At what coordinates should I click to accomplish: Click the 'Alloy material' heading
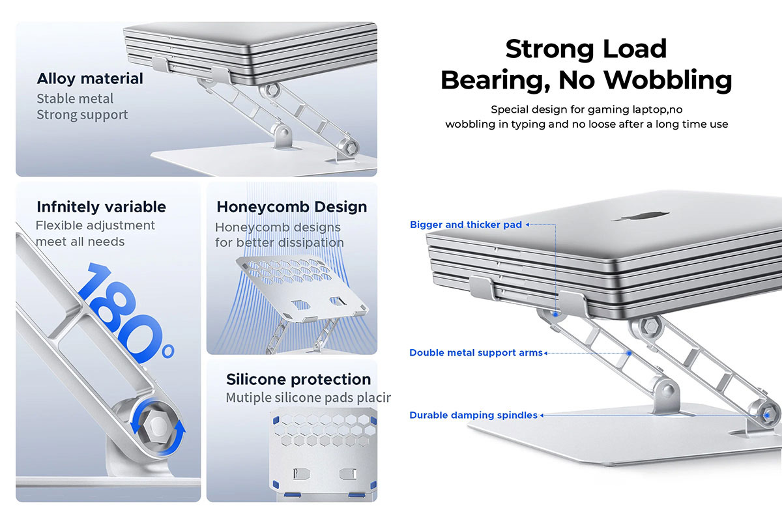(x=90, y=79)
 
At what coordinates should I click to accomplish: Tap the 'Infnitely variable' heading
(x=101, y=207)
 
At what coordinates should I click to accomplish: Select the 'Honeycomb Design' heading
(x=292, y=207)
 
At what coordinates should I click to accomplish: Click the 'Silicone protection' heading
(x=298, y=379)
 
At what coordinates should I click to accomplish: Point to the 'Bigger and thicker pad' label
(x=466, y=225)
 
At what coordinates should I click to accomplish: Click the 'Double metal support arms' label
(x=476, y=353)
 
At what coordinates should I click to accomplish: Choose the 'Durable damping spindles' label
(x=473, y=415)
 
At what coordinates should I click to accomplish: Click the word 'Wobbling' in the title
(x=668, y=80)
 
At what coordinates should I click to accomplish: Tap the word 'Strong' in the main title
(x=551, y=49)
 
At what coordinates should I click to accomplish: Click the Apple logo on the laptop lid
(x=646, y=216)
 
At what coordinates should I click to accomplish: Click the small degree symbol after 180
(x=168, y=352)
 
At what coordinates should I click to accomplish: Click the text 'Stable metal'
(x=75, y=99)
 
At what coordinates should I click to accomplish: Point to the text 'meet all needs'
(x=80, y=242)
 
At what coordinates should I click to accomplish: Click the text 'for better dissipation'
(x=280, y=242)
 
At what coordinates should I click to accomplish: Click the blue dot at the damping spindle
(x=766, y=415)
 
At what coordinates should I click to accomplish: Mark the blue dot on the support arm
(x=629, y=353)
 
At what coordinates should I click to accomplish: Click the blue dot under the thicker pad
(x=555, y=315)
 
